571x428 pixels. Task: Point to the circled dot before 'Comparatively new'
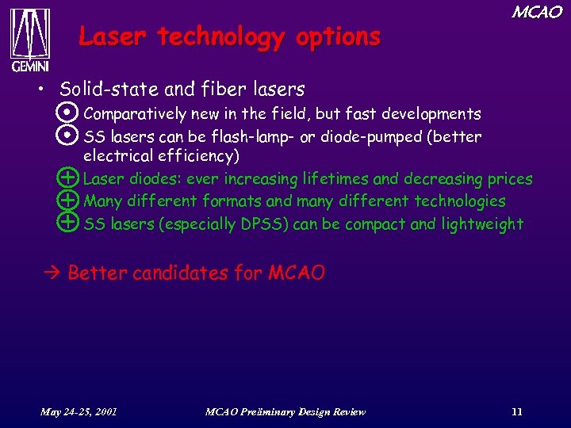point(69,113)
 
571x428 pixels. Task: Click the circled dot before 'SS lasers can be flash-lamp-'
point(69,136)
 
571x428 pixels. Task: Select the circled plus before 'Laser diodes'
point(69,178)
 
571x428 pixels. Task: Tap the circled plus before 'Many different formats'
point(69,201)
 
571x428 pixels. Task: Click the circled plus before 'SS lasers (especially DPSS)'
point(69,223)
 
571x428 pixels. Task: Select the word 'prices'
point(509,179)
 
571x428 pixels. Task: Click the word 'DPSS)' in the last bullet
point(263,224)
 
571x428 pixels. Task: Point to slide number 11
point(517,411)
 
